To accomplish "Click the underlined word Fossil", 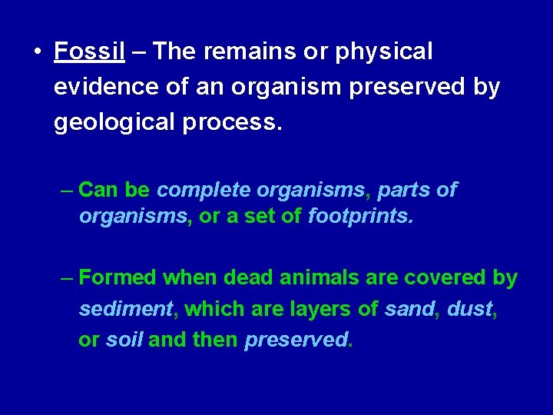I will (89, 52).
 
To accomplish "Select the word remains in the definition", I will (250, 52).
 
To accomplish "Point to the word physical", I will (384, 52).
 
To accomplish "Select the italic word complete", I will (204, 190).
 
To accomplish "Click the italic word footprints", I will (359, 217).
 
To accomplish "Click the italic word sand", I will (408, 309).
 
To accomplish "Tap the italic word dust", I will (469, 309).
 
